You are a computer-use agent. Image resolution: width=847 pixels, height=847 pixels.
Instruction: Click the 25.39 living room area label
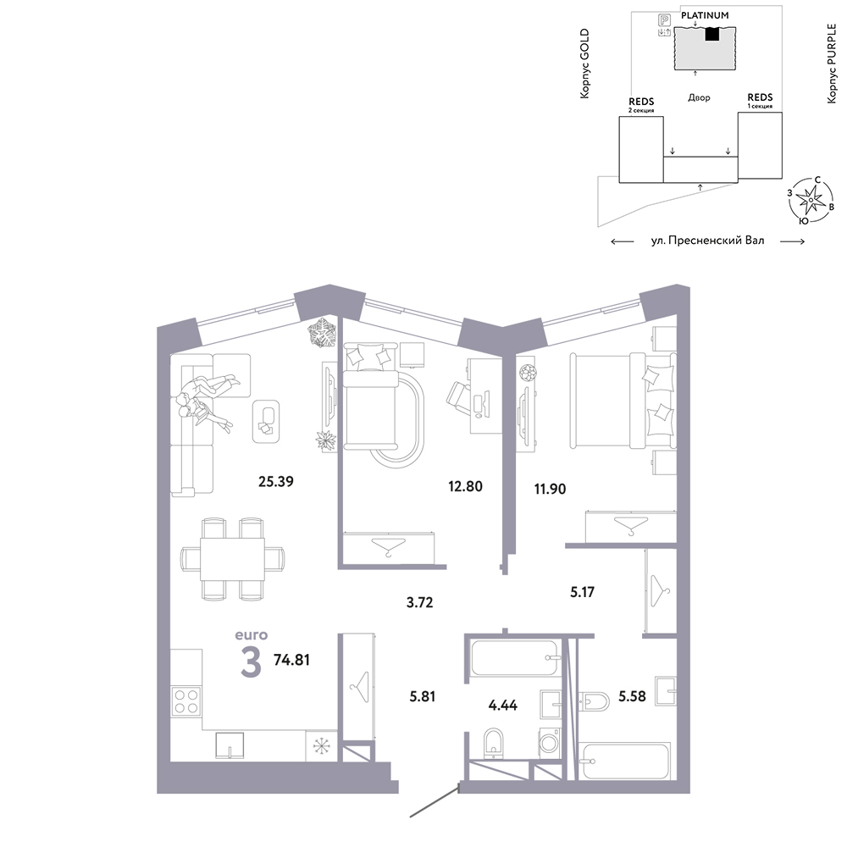pyautogui.click(x=275, y=481)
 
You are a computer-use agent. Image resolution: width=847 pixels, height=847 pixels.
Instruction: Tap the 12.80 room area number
pyautogui.click(x=465, y=486)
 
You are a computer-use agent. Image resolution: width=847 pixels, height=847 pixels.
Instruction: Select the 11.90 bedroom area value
pyautogui.click(x=550, y=489)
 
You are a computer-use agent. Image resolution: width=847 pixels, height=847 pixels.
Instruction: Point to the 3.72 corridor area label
pyautogui.click(x=420, y=602)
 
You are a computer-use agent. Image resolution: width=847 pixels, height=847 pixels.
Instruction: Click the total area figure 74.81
pyautogui.click(x=291, y=660)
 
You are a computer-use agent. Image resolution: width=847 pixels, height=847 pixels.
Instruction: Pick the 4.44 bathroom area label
pyautogui.click(x=503, y=705)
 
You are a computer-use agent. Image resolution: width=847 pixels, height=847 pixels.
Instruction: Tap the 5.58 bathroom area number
pyautogui.click(x=632, y=696)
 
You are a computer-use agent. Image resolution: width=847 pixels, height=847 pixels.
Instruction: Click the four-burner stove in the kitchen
pyautogui.click(x=186, y=701)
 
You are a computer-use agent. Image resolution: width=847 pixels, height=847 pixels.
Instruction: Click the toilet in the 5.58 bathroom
pyautogui.click(x=595, y=701)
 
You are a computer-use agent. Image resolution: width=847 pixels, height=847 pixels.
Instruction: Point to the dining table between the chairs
pyautogui.click(x=232, y=559)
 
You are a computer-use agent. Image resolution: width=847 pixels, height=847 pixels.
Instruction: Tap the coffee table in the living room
pyautogui.click(x=266, y=421)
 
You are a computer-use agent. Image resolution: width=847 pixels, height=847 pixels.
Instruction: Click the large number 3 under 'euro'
pyautogui.click(x=252, y=662)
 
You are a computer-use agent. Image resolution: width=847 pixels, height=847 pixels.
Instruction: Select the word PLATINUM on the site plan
pyautogui.click(x=705, y=15)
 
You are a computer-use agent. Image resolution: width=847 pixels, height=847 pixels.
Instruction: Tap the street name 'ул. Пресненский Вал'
pyautogui.click(x=707, y=241)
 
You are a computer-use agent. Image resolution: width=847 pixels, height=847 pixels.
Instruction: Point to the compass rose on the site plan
pyautogui.click(x=811, y=201)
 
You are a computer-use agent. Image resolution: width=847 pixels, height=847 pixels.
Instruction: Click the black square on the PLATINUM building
pyautogui.click(x=712, y=34)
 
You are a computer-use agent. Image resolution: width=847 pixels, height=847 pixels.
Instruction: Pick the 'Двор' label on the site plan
pyautogui.click(x=699, y=97)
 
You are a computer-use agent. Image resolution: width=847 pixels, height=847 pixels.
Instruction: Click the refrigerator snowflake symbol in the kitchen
pyautogui.click(x=321, y=745)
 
